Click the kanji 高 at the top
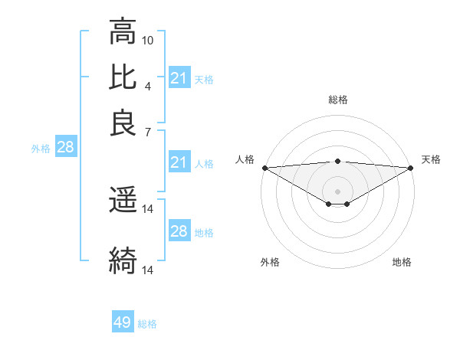click(x=123, y=32)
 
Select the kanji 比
click(x=123, y=78)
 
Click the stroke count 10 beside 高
click(x=148, y=39)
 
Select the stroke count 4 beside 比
click(x=148, y=85)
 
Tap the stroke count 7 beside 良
click(x=148, y=131)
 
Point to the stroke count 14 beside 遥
click(x=148, y=208)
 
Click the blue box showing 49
click(x=123, y=322)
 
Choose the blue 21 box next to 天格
click(x=179, y=78)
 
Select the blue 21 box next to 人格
click(x=179, y=162)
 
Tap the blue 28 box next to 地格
click(x=179, y=231)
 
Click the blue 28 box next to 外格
click(x=65, y=148)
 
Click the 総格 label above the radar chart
click(x=337, y=100)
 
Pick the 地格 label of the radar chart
click(x=402, y=262)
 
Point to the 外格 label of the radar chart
click(x=270, y=262)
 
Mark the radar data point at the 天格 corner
click(x=410, y=167)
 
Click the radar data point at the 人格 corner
click(x=264, y=167)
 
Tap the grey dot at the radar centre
click(x=337, y=191)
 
